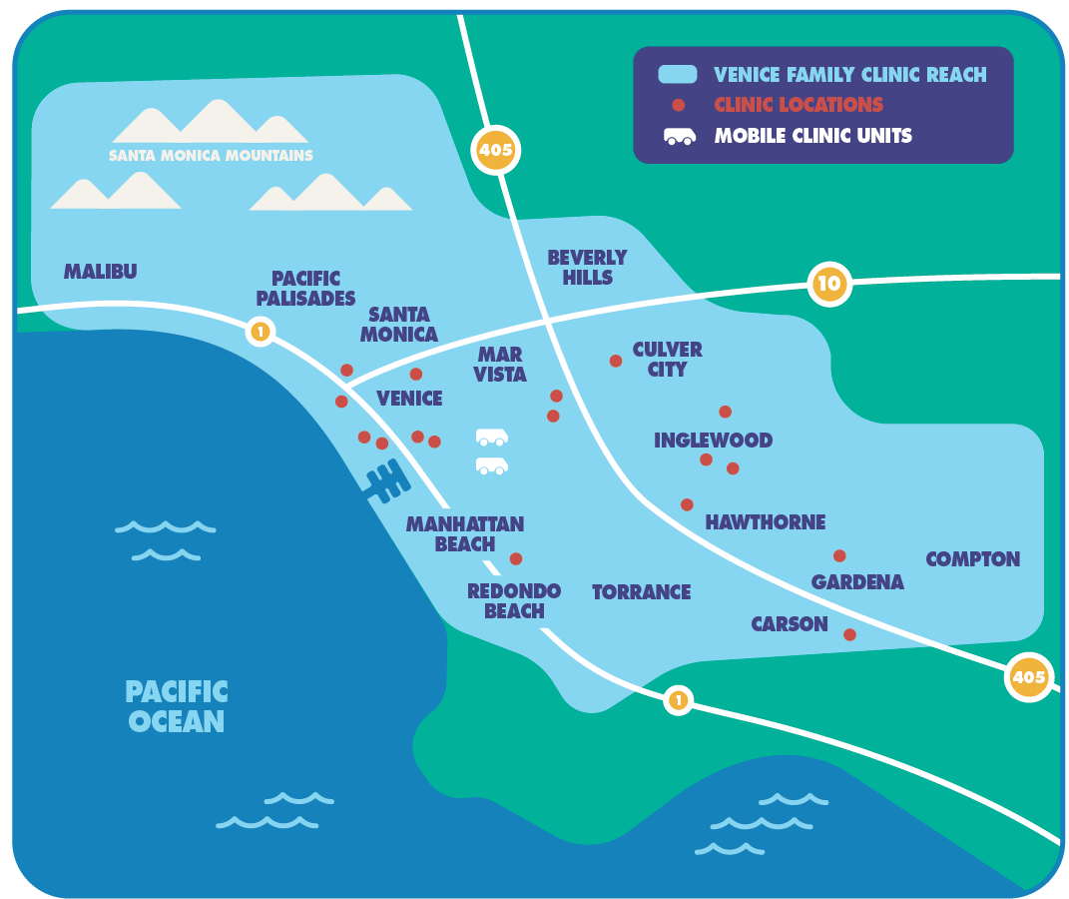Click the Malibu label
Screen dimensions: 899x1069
100,272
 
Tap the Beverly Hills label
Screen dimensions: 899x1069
587,268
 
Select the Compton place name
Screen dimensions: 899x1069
972,559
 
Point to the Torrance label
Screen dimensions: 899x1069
641,592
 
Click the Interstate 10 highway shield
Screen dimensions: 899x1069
829,284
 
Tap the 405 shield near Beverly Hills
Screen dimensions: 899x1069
495,151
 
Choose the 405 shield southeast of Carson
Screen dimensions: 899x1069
1028,677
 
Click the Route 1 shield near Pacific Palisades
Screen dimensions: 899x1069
261,332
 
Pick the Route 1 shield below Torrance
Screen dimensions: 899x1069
678,700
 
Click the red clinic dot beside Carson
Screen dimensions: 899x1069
849,634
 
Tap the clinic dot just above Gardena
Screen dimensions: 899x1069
839,555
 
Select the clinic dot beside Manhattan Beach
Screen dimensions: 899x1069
516,558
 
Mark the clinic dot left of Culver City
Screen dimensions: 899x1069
616,361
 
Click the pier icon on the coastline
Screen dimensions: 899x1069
386,481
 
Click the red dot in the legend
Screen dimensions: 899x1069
679,105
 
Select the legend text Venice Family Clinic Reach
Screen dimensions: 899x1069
849,75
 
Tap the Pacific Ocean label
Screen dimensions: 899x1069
177,706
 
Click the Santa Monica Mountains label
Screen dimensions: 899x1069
211,156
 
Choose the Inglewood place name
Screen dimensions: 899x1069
713,441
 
